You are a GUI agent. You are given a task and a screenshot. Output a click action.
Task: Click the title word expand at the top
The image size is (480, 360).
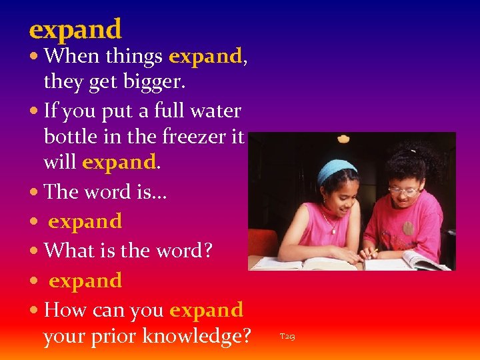coord(75,29)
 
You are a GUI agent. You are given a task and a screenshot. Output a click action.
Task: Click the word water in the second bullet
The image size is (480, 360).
coord(216,110)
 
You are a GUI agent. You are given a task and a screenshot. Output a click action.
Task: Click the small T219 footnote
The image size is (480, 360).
coord(287,337)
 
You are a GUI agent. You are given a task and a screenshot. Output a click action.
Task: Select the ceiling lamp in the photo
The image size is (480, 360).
coord(343,139)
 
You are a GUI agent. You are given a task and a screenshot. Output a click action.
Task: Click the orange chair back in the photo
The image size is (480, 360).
coord(263,242)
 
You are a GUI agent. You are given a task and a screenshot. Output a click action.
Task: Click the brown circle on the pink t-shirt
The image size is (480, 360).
coord(407,229)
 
